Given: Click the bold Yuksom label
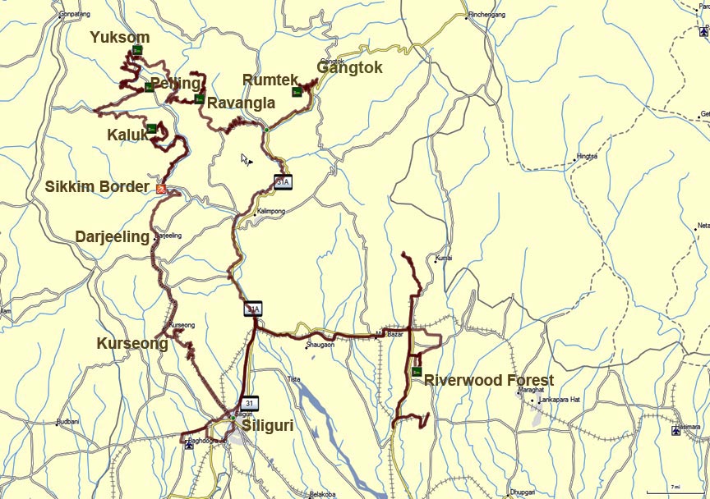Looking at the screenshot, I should pos(120,37).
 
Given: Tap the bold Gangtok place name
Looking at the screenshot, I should pos(350,68).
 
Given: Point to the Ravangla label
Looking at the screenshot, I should pos(241,103).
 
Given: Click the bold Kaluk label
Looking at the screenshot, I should pos(127,134).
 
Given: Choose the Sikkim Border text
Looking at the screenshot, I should pos(97,186).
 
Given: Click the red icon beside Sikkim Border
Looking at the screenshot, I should pos(161,189).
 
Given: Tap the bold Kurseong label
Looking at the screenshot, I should pos(132,343).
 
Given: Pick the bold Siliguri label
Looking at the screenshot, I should pos(267,426).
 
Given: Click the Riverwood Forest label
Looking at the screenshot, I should pos(489,381).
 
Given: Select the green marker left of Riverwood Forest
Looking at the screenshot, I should pos(417,372).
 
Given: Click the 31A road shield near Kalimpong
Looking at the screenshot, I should pos(283,182).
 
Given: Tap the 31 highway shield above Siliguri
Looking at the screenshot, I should pos(250,402).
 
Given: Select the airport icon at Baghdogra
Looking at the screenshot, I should pos(190,446).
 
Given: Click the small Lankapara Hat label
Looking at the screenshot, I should pos(560,400).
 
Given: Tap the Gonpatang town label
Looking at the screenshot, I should pos(75,14).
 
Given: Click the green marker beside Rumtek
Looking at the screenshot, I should pos(297,91).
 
